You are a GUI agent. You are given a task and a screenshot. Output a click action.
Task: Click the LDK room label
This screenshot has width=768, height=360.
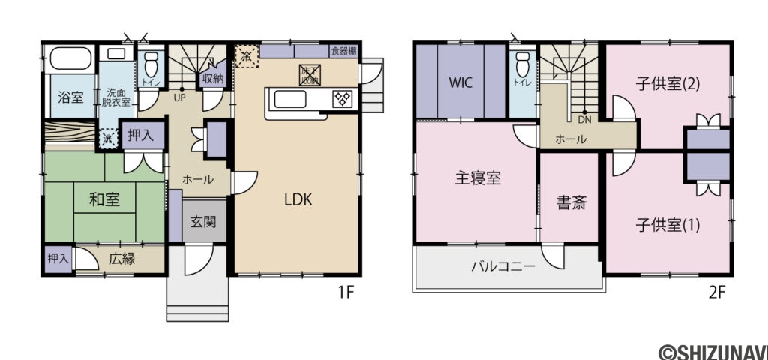(x=298, y=200)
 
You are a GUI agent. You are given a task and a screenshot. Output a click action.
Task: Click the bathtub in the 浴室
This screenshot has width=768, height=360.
(x=70, y=58)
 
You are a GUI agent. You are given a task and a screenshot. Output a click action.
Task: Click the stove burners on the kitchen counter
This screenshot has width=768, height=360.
(x=343, y=98)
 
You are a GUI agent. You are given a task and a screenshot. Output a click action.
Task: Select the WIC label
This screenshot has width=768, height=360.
(x=460, y=82)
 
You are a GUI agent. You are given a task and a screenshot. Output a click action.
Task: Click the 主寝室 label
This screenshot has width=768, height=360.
(x=478, y=178)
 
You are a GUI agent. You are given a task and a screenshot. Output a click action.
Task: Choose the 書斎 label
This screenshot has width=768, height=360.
(x=569, y=202)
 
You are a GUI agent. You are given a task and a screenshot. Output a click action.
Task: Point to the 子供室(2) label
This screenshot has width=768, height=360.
(x=667, y=83)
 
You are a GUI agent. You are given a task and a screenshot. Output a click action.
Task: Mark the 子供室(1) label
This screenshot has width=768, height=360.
(x=667, y=224)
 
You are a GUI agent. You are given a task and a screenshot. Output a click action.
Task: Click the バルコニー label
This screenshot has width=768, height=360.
(x=503, y=266)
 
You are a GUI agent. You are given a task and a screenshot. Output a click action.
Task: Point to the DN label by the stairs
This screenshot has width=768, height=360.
(x=583, y=118)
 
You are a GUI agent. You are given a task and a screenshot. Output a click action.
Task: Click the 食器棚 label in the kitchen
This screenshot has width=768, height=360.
(x=343, y=51)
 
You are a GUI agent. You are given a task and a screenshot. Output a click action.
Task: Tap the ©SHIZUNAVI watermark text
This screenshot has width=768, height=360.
(x=712, y=351)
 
